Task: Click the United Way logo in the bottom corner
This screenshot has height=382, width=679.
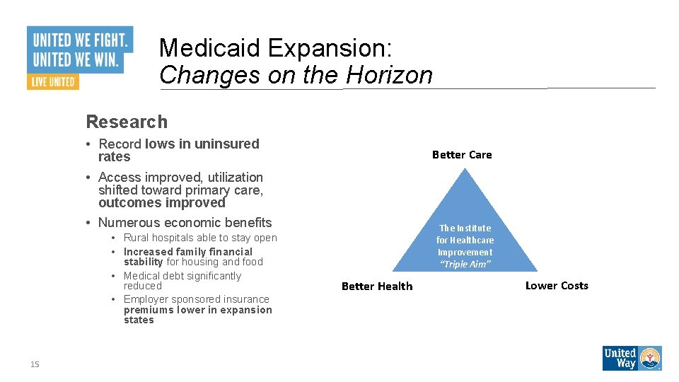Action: coord(632,358)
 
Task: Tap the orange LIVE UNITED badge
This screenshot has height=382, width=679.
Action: coord(52,81)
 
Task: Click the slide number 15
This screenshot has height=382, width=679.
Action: coord(35,364)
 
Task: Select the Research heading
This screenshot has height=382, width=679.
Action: coord(127,122)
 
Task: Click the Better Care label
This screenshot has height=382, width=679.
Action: coord(462,155)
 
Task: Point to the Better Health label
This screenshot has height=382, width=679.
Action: coord(377,286)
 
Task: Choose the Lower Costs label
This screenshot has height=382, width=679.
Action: coord(557,285)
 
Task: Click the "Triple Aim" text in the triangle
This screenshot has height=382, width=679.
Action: coord(465,264)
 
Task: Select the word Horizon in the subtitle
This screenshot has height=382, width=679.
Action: coord(389,75)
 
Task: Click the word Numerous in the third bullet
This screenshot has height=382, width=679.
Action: coord(124,223)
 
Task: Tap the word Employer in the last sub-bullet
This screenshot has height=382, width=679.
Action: coord(148,299)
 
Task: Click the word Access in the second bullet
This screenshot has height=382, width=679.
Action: coord(119,178)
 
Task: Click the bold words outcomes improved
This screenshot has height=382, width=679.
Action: coord(161,203)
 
